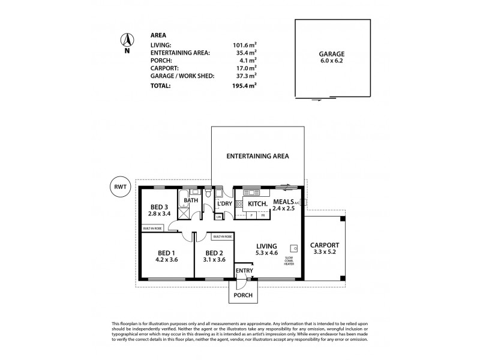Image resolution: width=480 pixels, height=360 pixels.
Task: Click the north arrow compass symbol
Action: tap(127, 41)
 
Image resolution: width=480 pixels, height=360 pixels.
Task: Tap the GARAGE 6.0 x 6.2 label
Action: tap(332, 57)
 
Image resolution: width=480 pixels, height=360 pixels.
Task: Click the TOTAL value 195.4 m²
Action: tap(244, 86)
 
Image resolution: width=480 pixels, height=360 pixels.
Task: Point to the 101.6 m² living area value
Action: tap(244, 44)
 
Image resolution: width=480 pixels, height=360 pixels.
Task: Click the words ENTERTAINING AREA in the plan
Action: tap(257, 156)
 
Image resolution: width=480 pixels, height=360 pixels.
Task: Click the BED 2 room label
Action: tap(214, 253)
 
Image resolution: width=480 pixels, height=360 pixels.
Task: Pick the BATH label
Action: tap(191, 200)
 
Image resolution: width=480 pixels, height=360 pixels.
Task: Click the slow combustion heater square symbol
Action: tap(294, 247)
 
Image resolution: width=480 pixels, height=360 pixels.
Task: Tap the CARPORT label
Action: tap(325, 245)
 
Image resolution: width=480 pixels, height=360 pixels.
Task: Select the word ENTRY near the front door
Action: tap(244, 271)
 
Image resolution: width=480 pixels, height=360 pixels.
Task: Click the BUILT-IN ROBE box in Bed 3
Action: tap(152, 228)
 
